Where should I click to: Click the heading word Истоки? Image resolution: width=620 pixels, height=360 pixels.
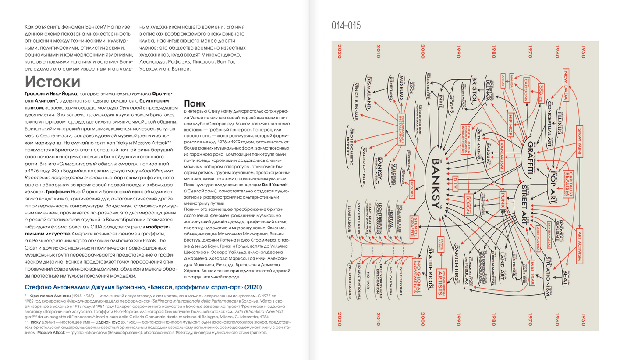(x=53, y=82)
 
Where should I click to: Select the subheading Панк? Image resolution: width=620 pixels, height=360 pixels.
(x=195, y=103)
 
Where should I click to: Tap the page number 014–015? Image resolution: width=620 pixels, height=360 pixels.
(x=346, y=26)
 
